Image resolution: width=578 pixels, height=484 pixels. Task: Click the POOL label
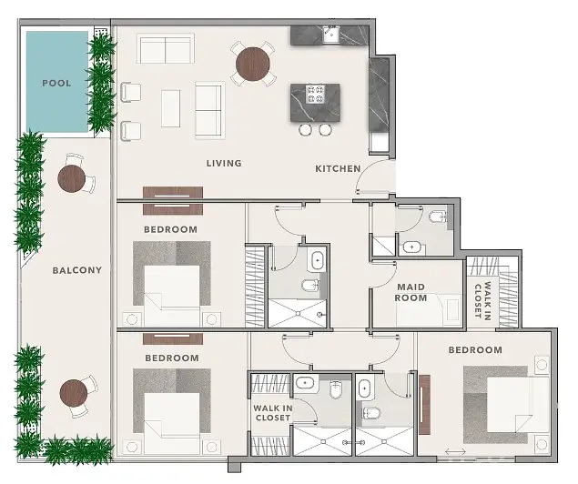pos(56,84)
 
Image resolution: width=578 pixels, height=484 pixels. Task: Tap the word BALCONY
pos(77,270)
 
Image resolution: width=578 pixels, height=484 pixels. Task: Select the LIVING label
pos(224,163)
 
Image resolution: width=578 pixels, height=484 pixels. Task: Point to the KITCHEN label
pos(338,168)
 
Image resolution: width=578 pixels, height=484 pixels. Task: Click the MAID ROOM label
pos(411,292)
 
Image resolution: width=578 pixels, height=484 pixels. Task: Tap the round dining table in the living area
pos(252,64)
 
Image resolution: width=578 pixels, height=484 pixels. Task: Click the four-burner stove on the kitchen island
pos(315,94)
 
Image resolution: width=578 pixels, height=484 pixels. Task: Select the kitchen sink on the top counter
pos(331,35)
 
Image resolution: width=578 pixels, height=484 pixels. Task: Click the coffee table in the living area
pos(171,108)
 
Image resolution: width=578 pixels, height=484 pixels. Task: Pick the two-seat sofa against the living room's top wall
pos(166,48)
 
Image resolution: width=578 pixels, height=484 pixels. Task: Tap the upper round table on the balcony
pos(72,178)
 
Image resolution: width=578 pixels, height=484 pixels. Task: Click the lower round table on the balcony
pos(74,393)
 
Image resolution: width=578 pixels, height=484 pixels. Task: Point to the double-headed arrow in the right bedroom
pos(455,451)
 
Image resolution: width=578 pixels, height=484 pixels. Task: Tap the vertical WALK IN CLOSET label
pos(482,300)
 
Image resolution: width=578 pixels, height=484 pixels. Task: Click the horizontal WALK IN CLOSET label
pos(273,413)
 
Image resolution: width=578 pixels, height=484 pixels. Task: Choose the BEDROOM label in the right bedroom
pos(475,350)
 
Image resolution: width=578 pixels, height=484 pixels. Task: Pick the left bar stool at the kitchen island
pos(305,130)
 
